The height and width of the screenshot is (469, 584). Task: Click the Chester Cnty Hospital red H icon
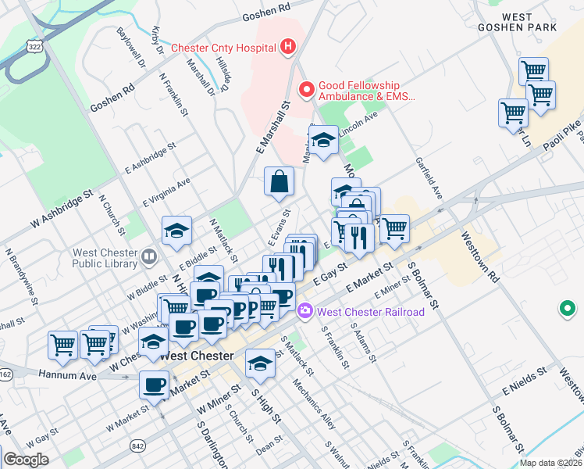[288, 47]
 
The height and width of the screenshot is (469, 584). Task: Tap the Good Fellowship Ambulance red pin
[307, 91]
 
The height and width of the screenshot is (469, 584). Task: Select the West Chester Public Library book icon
[149, 256]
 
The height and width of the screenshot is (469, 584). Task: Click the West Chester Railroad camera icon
[304, 312]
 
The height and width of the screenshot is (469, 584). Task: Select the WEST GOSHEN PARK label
[529, 22]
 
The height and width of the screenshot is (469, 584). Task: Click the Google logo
[26, 460]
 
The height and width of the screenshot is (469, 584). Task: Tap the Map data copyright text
[550, 463]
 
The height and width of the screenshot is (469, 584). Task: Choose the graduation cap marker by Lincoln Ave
[322, 141]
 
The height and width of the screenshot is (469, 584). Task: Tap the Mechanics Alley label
[314, 404]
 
